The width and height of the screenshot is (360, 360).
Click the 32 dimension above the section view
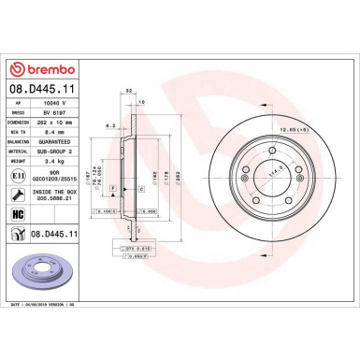point(127,90)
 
